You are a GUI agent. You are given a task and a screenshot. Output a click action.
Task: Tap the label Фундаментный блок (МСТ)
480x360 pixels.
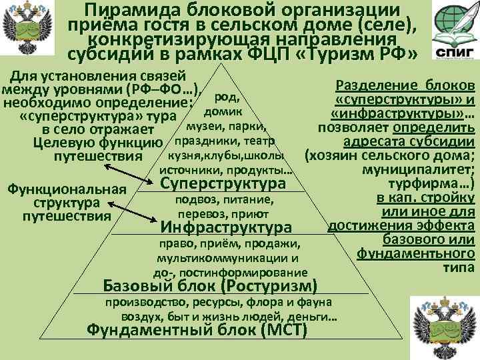[x=197, y=331]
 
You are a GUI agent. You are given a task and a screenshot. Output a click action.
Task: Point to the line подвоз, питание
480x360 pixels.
[x=223, y=200]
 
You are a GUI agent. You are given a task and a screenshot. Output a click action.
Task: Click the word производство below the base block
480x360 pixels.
[x=137, y=303]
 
